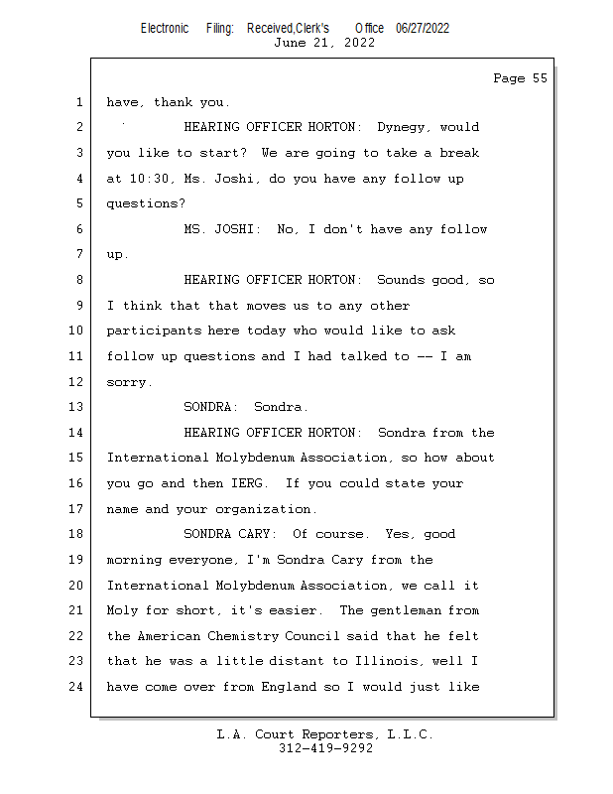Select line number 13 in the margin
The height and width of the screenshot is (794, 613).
pyautogui.click(x=77, y=407)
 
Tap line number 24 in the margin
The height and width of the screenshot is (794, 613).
pyautogui.click(x=77, y=687)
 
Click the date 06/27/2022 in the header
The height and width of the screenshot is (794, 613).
pyautogui.click(x=423, y=28)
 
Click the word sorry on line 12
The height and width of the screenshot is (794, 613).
pyautogui.click(x=128, y=382)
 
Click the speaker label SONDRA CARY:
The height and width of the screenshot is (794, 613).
pyautogui.click(x=235, y=534)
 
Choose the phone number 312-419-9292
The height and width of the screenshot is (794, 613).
pyautogui.click(x=325, y=748)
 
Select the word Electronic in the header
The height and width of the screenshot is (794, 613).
pyautogui.click(x=165, y=28)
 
